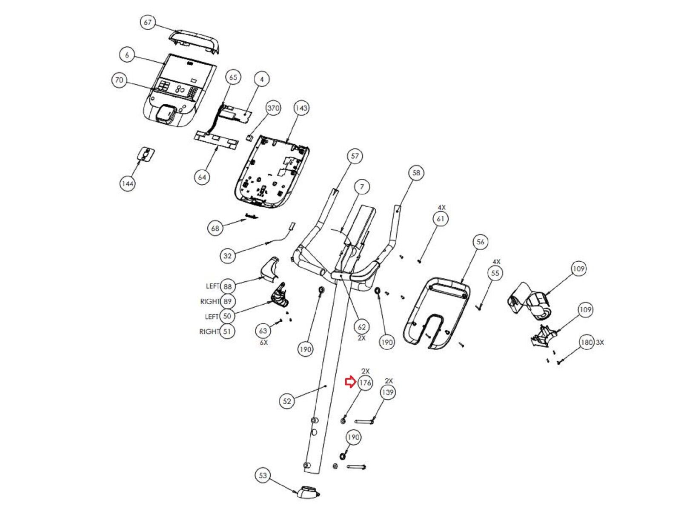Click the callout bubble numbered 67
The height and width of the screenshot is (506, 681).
tap(148, 23)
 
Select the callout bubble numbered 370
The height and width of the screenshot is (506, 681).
tap(273, 108)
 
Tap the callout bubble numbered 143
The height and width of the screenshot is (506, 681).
tap(301, 108)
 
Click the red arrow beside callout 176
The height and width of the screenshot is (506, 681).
tap(350, 382)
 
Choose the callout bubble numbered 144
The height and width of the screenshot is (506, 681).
tap(127, 183)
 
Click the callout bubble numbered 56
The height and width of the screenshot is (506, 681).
tap(480, 242)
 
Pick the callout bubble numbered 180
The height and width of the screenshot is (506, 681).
tap(587, 342)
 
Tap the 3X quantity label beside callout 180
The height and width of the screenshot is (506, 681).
tap(600, 342)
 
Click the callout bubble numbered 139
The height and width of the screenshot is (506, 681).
tap(388, 392)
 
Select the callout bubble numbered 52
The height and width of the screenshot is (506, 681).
tap(287, 401)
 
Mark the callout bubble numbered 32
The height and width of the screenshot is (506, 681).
tap(228, 256)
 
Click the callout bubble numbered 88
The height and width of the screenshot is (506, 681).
tap(228, 286)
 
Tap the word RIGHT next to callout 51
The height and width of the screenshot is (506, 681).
tap(209, 332)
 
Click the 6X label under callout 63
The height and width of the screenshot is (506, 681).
tap(263, 342)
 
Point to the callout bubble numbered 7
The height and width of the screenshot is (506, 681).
tap(362, 187)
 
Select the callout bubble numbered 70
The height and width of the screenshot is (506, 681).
tap(119, 80)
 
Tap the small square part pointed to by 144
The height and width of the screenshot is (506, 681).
tap(146, 154)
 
